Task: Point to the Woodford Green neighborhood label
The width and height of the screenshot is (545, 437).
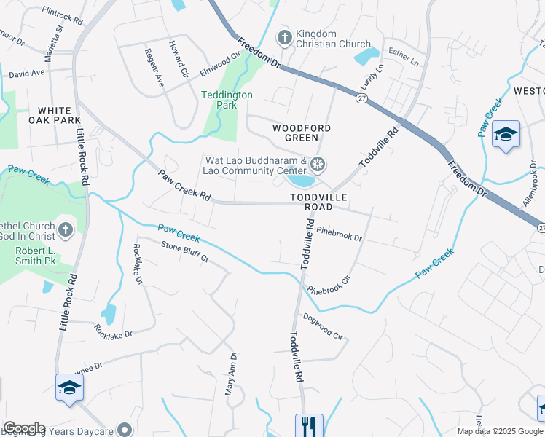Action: pos(302,133)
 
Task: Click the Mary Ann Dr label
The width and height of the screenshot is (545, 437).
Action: pos(232,374)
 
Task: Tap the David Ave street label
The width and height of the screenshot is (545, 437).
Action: pos(27,73)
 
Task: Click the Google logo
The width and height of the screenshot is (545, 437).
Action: pos(24,428)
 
